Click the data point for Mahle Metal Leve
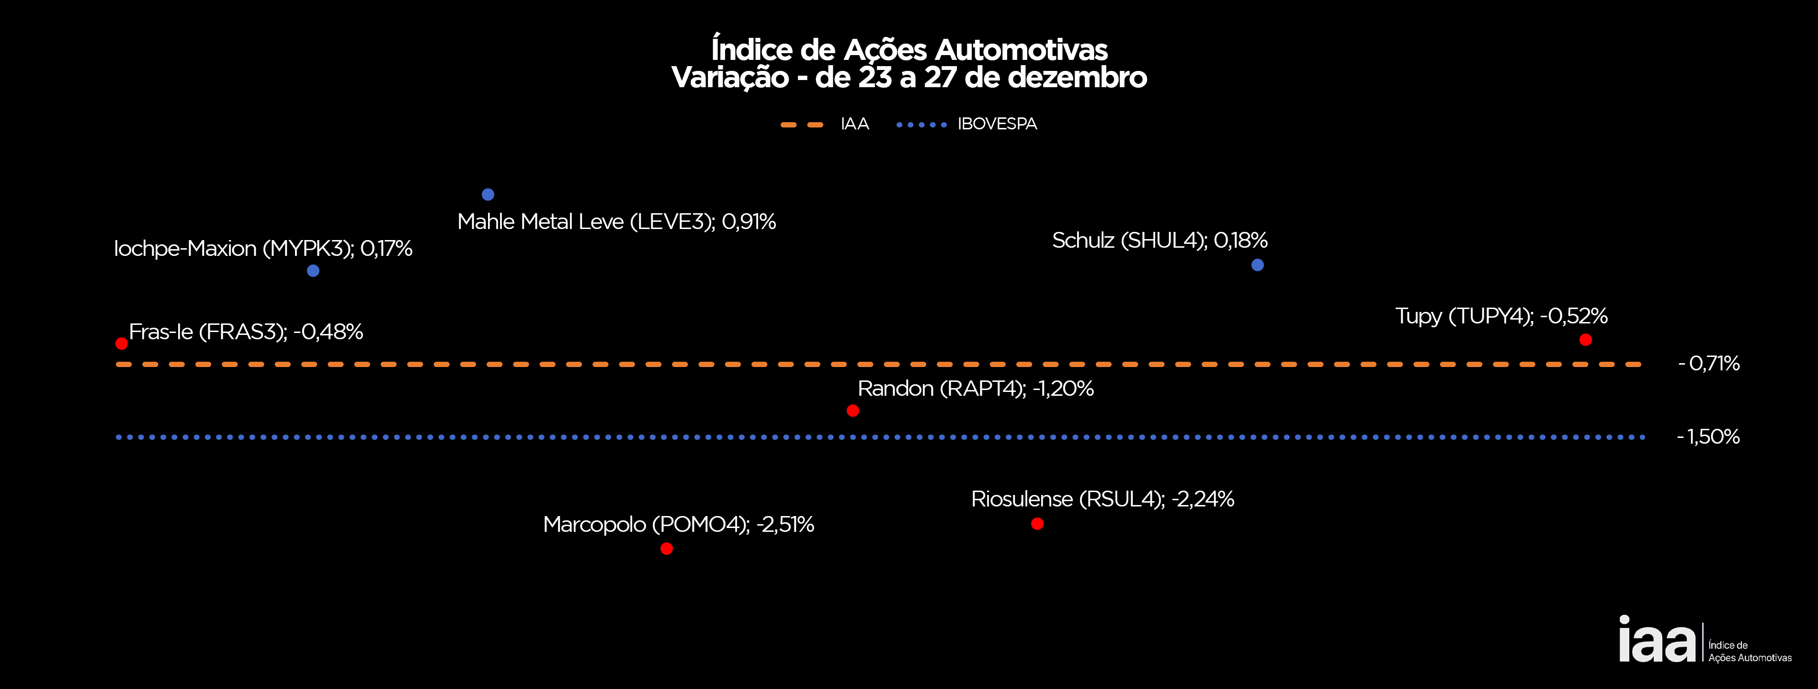click(488, 194)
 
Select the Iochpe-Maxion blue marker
click(313, 270)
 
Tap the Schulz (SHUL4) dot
click(1258, 265)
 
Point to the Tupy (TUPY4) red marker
click(1586, 340)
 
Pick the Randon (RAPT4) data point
click(852, 410)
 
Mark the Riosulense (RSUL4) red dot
click(1037, 524)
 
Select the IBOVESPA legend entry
click(967, 124)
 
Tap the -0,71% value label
click(1709, 364)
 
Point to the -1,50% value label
click(1709, 437)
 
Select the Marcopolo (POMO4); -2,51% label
click(678, 525)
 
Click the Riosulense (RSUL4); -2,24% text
click(1102, 499)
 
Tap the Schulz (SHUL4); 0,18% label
click(1159, 241)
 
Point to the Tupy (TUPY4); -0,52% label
click(1501, 316)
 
